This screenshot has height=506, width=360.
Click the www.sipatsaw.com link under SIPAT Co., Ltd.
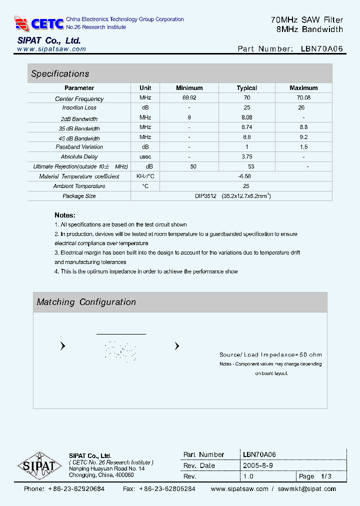pyautogui.click(x=51, y=49)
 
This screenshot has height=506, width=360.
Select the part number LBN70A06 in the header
pyautogui.click(x=322, y=49)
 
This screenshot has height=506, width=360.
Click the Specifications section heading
pyautogui.click(x=60, y=73)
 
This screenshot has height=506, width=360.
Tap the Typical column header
pyautogui.click(x=246, y=88)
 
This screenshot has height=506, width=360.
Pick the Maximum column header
pyautogui.click(x=303, y=88)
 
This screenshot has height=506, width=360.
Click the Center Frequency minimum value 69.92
pyautogui.click(x=189, y=98)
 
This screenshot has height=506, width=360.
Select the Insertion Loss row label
pyautogui.click(x=79, y=108)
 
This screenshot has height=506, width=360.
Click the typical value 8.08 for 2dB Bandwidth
pyautogui.click(x=246, y=117)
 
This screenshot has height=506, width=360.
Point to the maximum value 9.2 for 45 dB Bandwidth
pyautogui.click(x=303, y=137)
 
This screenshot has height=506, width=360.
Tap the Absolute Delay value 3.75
pyautogui.click(x=246, y=156)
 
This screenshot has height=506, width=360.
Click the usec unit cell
pyautogui.click(x=145, y=156)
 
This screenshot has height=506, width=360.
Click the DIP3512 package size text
pyautogui.click(x=205, y=196)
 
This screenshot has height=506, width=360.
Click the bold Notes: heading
pyautogui.click(x=65, y=215)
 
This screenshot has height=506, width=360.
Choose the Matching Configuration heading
pyautogui.click(x=86, y=302)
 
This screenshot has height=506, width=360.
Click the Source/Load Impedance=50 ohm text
pyautogui.click(x=270, y=355)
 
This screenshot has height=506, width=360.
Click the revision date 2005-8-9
pyautogui.click(x=258, y=465)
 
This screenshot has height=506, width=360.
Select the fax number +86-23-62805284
pyautogui.click(x=166, y=489)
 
